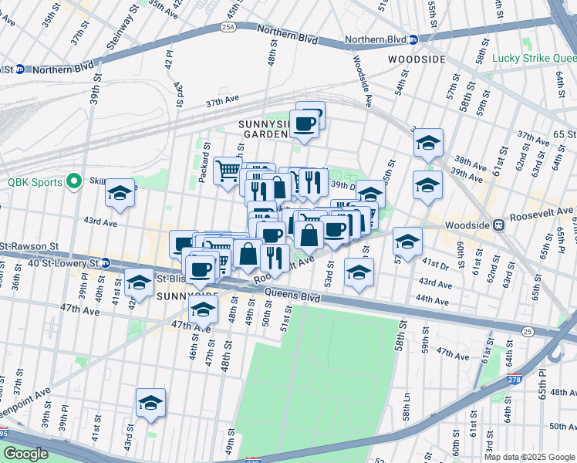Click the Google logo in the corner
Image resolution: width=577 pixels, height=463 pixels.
tap(26, 453)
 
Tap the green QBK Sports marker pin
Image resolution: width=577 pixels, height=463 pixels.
tap(74, 182)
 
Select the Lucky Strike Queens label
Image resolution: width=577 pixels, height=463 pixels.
tap(534, 58)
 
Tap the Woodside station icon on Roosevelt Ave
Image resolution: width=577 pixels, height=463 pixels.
tap(499, 225)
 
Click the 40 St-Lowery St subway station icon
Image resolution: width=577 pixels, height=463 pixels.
tap(106, 262)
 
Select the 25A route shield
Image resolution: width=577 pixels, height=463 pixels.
tap(228, 26)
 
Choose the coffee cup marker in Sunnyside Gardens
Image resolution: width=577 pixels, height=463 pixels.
tap(304, 123)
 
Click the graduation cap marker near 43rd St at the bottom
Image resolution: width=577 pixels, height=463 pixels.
tap(150, 402)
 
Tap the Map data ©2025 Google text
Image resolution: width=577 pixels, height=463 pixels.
tap(529, 457)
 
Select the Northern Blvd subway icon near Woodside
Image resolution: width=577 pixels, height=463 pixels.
tap(413, 39)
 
